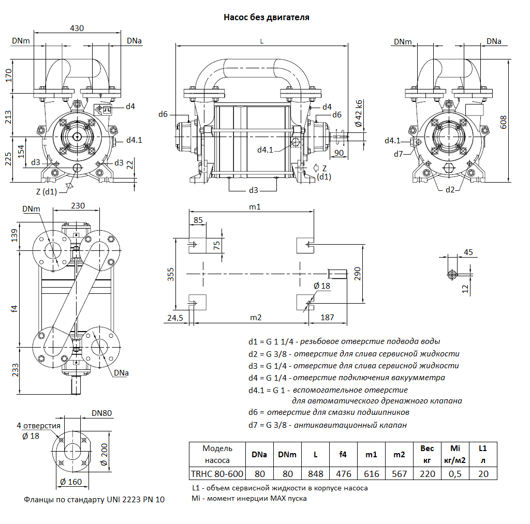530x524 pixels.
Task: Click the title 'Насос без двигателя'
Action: [x=266, y=18]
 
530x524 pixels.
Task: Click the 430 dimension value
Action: [x=77, y=28]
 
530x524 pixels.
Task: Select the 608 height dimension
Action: [x=504, y=122]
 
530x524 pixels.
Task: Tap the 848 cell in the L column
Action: [x=315, y=474]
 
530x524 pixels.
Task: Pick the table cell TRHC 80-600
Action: [x=217, y=474]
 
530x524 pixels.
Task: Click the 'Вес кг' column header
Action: [x=427, y=454]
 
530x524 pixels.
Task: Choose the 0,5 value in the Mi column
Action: [x=455, y=474]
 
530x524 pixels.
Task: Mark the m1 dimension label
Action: [x=254, y=207]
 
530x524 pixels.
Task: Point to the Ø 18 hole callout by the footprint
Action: [x=321, y=286]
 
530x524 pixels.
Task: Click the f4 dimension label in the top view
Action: [x=14, y=308]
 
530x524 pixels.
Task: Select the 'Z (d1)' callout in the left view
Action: [x=46, y=191]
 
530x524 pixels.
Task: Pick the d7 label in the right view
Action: [x=398, y=154]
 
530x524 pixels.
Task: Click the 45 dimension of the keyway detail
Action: [x=468, y=252]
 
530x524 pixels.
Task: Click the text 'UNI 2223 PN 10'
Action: [x=136, y=500]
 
